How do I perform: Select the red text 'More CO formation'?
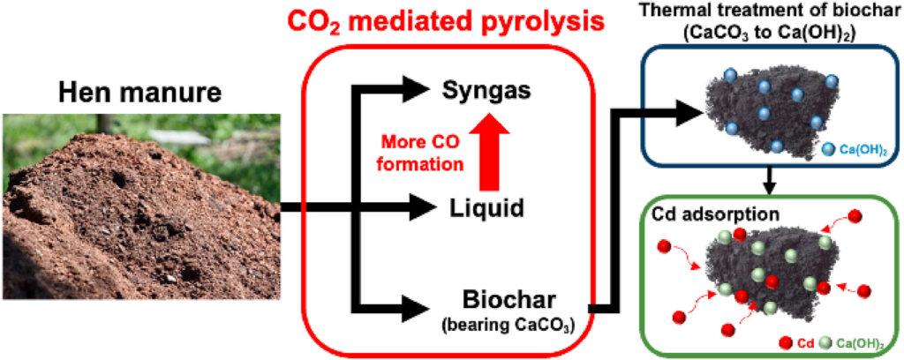point(422,150)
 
